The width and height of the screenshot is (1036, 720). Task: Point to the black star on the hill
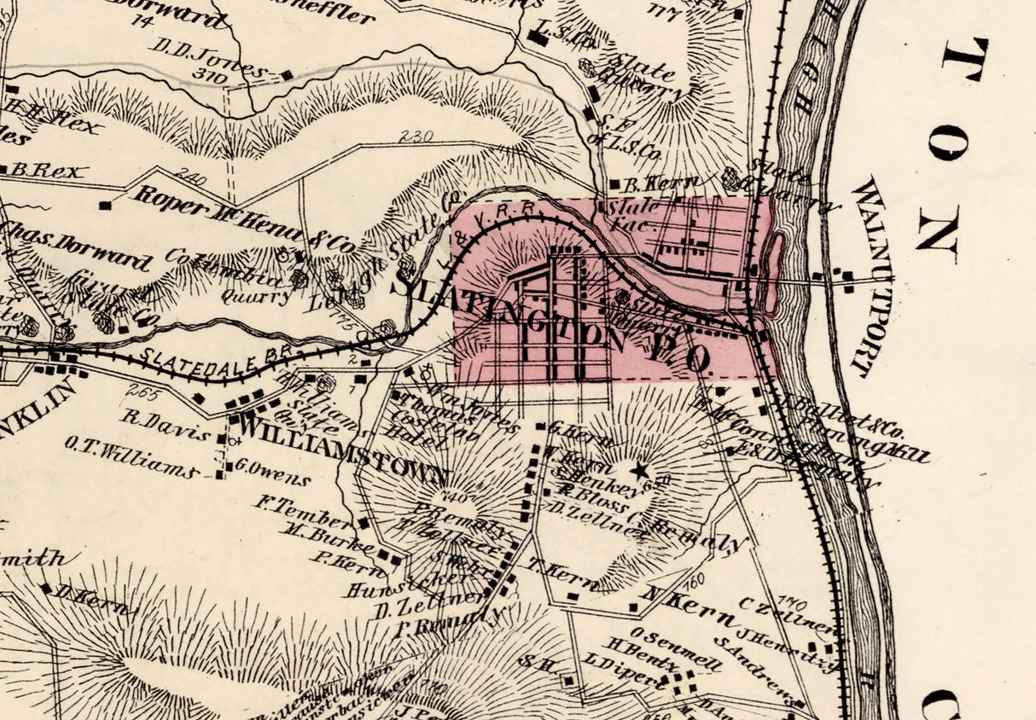(638, 468)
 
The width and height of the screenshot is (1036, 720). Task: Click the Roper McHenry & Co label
(242, 218)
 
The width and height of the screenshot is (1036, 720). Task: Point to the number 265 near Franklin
(137, 392)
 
